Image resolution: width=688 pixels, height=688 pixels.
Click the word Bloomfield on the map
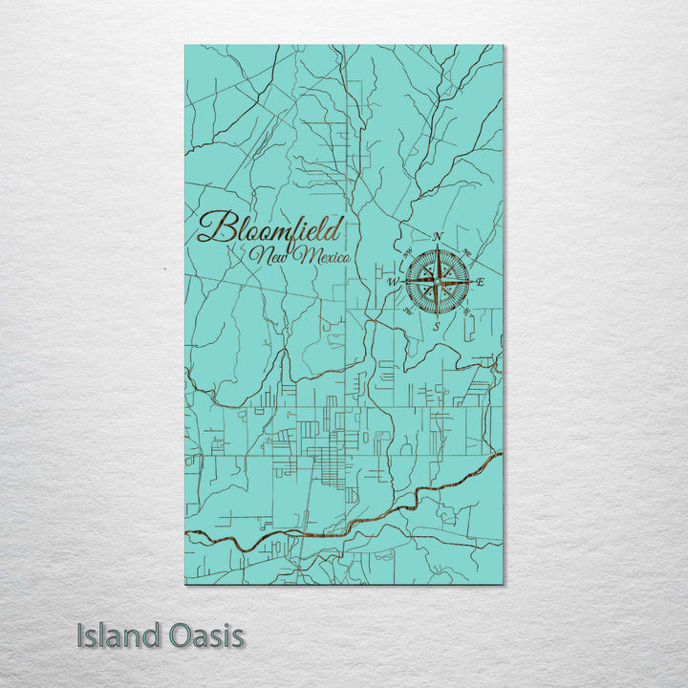270,230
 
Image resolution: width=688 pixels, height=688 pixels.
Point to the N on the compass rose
438,236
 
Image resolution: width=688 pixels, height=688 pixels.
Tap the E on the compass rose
481,282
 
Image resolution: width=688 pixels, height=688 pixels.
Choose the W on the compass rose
391,283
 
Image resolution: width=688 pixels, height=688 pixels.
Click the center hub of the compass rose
437,281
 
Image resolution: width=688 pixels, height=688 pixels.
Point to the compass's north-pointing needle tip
438,246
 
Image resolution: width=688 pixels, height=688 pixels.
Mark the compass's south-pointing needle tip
437,316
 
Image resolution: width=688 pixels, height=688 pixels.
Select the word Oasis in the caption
202,635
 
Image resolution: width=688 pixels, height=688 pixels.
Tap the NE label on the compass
467,252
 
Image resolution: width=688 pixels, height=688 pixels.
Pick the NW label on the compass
407,252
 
